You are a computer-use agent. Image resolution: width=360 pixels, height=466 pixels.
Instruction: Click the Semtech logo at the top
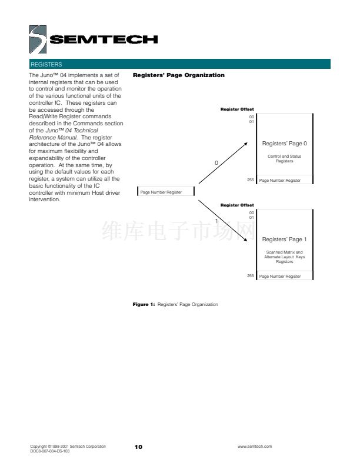pos(93,39)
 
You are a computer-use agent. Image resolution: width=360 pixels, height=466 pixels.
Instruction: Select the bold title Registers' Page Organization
pos(178,75)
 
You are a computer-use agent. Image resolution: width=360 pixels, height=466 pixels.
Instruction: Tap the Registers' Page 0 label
pos(284,144)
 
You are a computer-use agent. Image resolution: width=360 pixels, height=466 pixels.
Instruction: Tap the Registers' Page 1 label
pos(284,239)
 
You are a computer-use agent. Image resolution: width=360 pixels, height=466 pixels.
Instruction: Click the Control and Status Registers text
pos(284,159)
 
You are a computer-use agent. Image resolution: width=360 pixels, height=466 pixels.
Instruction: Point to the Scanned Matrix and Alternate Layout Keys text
pos(284,257)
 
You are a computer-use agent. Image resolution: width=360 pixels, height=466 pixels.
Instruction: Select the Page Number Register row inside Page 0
pos(284,181)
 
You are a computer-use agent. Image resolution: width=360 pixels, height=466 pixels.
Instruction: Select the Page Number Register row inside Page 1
pos(284,276)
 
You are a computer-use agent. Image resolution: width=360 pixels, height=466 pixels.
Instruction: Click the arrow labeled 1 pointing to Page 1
pos(222,222)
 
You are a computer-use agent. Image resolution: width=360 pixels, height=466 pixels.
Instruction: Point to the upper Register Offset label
pos(237,109)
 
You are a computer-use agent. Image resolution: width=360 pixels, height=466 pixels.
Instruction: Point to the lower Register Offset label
pos(237,205)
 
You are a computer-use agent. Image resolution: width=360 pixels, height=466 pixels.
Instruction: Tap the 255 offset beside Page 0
pos(251,180)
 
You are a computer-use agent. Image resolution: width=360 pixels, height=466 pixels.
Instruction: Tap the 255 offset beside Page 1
pos(251,275)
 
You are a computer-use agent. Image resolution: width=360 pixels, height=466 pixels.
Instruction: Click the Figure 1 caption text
pos(175,304)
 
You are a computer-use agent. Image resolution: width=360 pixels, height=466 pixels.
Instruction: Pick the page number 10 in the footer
pos(138,447)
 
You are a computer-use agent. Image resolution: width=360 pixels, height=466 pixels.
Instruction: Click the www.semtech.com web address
pos(254,447)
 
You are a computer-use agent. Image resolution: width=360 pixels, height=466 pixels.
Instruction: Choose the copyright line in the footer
pos(68,447)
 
